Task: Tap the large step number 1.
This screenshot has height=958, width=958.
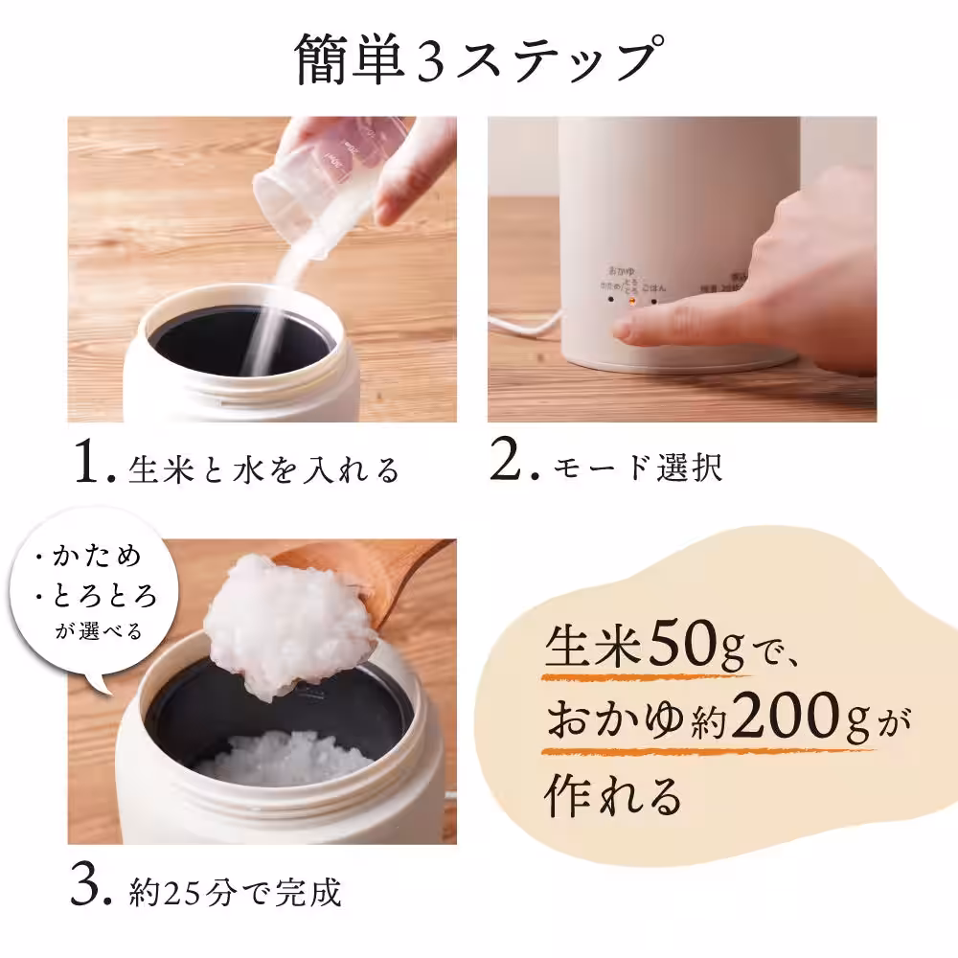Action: click(94, 466)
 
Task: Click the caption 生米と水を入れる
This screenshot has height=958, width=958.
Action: click(263, 470)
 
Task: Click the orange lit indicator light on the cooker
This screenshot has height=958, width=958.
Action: click(631, 300)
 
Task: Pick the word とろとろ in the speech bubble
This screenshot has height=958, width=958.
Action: click(104, 597)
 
